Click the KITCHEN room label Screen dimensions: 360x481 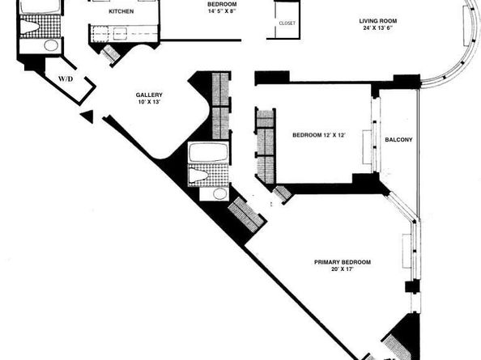(121, 12)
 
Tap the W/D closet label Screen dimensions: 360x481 (66, 79)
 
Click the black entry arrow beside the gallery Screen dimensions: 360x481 (87, 117)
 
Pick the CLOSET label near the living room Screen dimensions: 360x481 (286, 23)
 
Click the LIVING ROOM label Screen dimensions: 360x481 (381, 20)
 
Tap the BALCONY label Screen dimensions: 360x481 (398, 140)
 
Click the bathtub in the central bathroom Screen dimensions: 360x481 (209, 153)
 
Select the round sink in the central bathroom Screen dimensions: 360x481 (215, 193)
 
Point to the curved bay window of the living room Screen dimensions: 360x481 (466, 49)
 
